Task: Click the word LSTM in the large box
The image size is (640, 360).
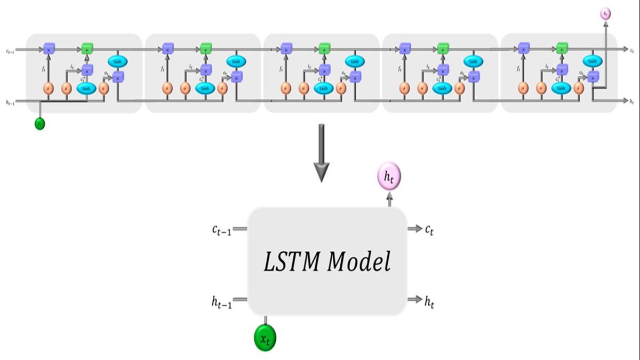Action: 291,261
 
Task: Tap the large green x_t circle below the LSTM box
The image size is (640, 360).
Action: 265,337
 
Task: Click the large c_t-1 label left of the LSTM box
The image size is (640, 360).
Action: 221,230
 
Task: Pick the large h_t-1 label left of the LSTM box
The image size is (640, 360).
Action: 221,302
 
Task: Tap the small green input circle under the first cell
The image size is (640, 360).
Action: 39,124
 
